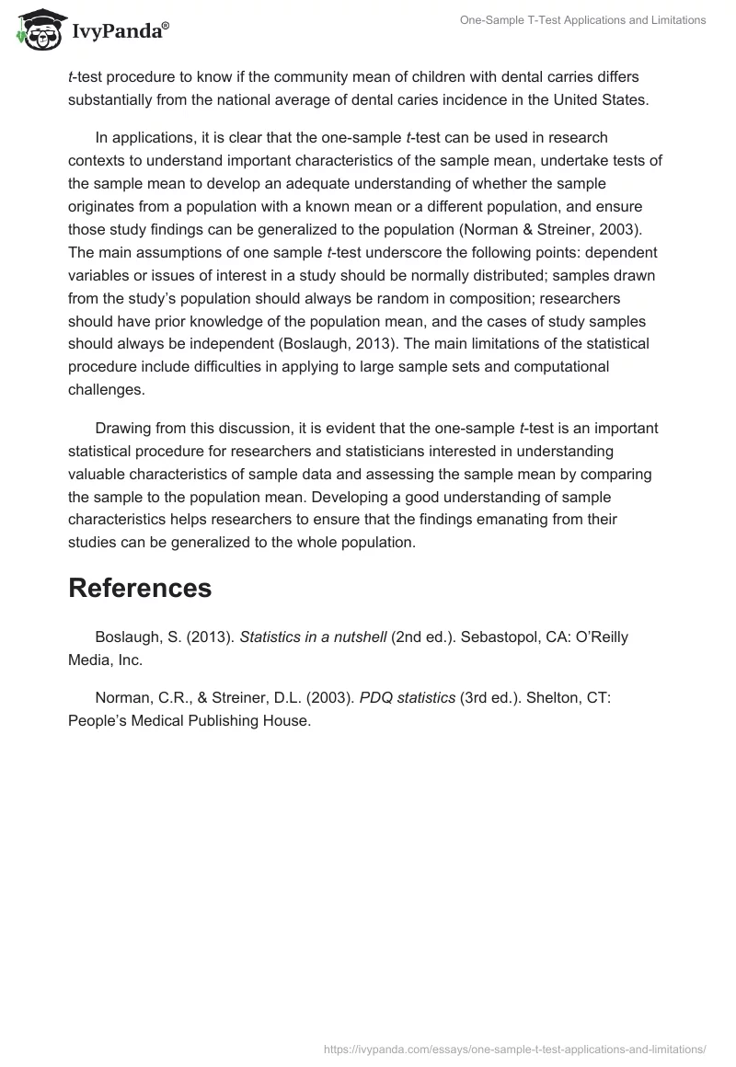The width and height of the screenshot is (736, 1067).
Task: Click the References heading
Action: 140,588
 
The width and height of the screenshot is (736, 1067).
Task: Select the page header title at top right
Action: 582,20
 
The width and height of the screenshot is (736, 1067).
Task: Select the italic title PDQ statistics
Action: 407,698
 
